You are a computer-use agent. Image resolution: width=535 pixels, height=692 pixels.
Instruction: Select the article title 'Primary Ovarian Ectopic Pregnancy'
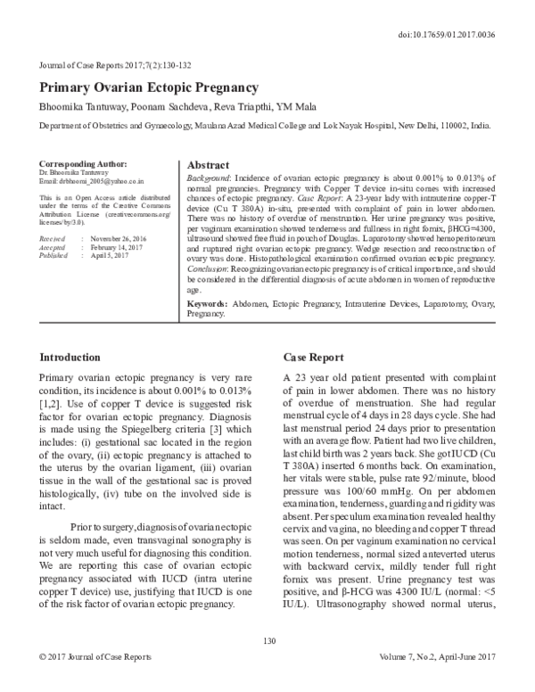pos(149,88)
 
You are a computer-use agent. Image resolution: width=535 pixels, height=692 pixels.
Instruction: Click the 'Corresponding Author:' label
pos(85,164)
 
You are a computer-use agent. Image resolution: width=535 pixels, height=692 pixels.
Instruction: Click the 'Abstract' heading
pos(209,165)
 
